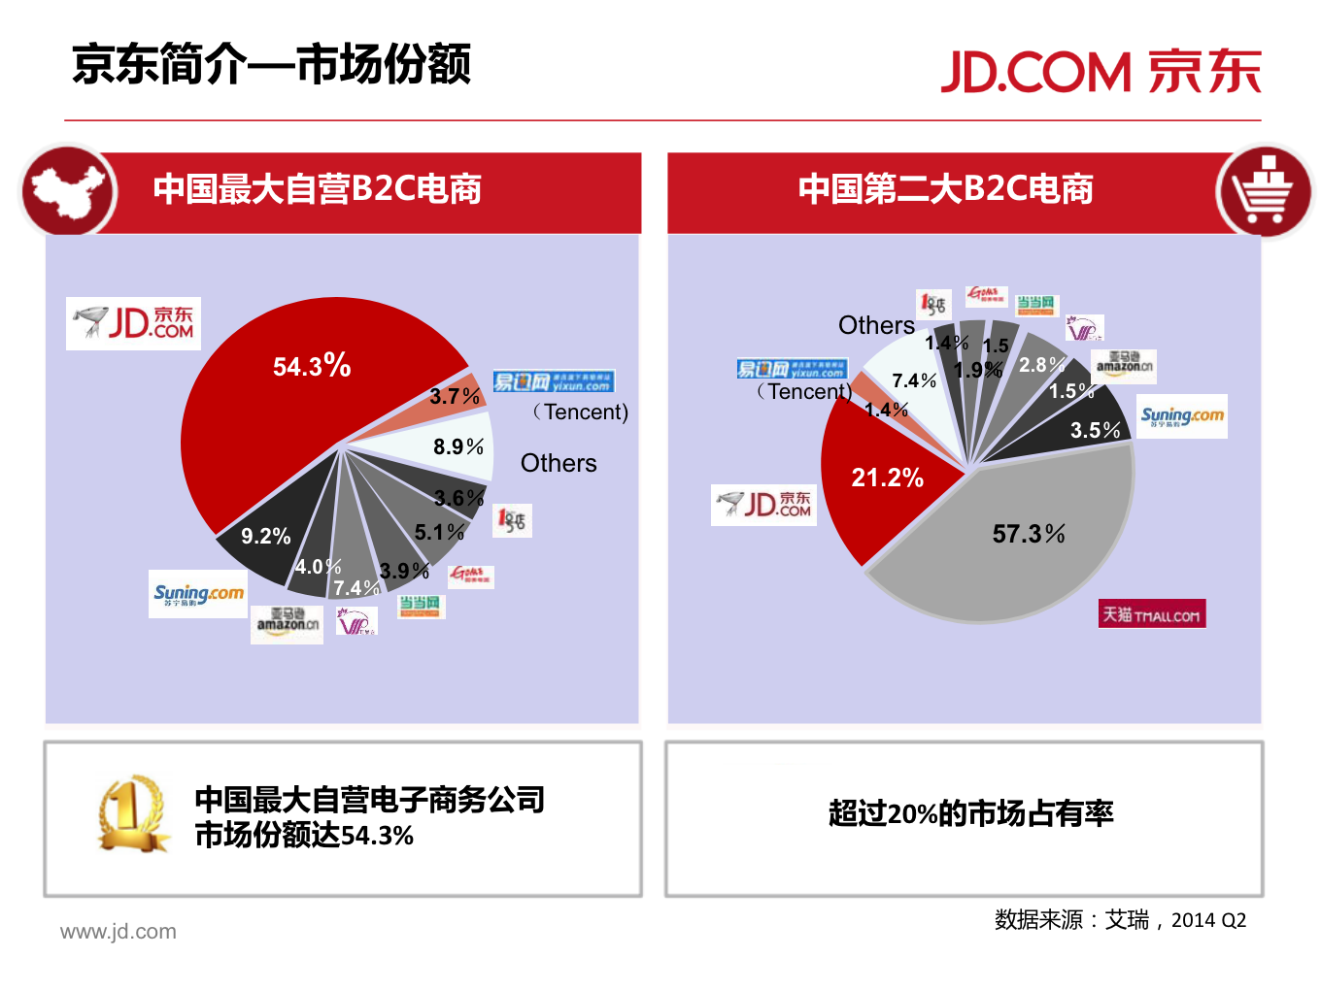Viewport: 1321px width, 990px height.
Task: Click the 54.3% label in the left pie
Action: coord(312,366)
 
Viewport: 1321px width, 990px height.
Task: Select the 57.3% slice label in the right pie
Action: coord(1028,534)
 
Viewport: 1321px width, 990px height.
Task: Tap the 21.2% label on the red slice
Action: coord(887,478)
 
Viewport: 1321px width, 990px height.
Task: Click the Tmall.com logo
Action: coord(1152,614)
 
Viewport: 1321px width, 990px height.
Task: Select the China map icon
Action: coord(68,191)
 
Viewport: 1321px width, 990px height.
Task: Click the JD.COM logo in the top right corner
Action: coord(1101,72)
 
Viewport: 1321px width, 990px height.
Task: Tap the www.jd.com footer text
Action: coord(119,932)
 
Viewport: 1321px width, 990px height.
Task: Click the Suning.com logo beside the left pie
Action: coord(198,594)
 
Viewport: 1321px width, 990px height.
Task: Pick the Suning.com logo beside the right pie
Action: coord(1182,416)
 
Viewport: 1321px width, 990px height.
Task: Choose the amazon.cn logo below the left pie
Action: coord(287,624)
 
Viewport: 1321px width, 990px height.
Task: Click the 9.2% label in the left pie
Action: coord(265,536)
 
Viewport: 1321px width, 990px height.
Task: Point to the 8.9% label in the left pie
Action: coord(457,446)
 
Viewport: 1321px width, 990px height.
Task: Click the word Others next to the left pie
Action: coord(559,463)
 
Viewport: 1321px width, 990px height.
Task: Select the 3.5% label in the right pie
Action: coord(1095,430)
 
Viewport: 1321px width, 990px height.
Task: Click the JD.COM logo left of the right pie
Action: coord(763,505)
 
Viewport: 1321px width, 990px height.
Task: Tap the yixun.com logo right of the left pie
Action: coord(553,381)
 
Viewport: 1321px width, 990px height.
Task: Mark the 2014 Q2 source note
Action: coord(1207,920)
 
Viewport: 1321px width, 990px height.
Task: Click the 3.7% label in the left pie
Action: coord(455,396)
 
